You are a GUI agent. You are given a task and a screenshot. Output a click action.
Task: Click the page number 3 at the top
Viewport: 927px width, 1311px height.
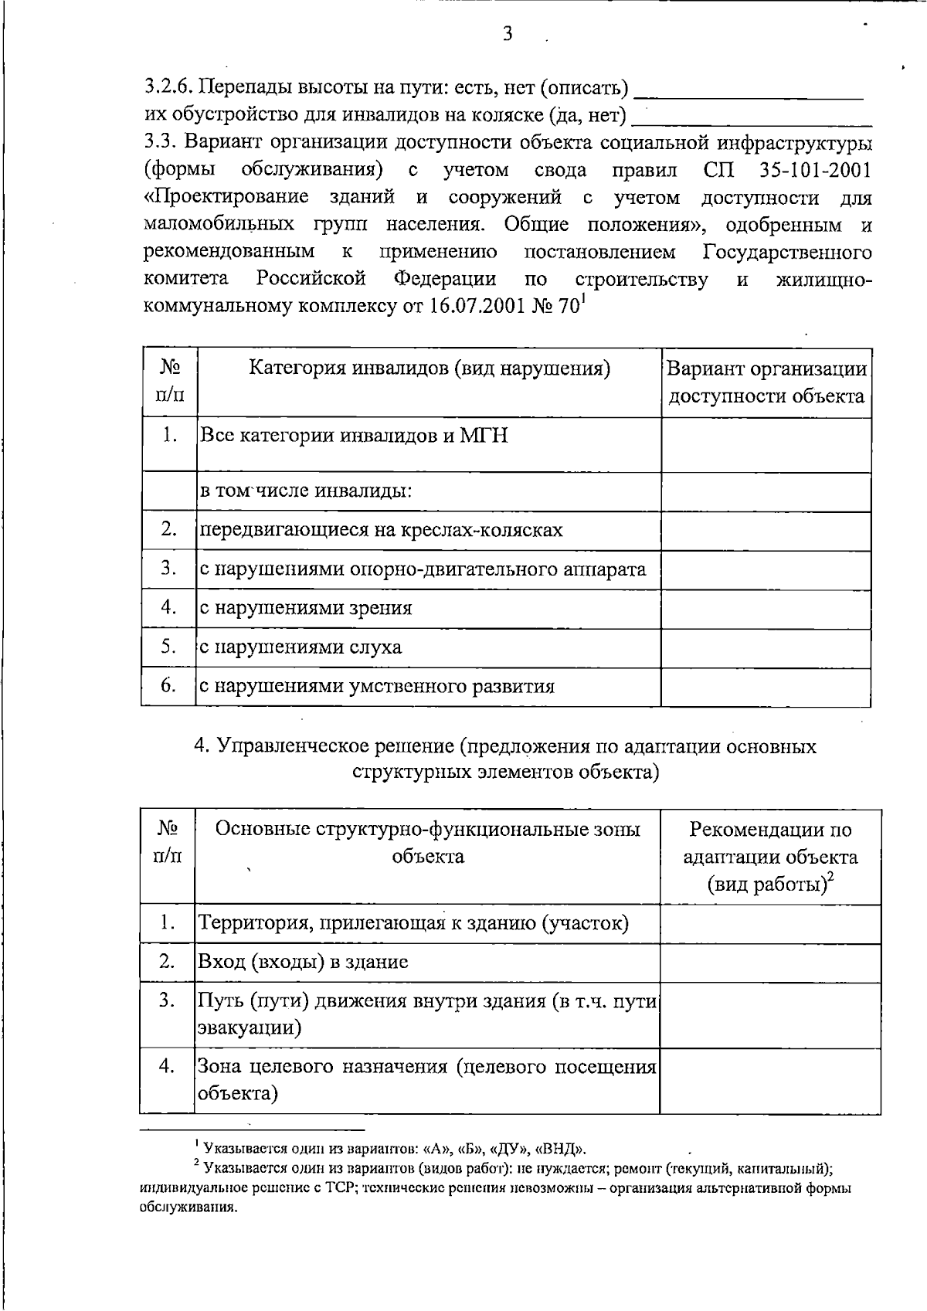(x=508, y=33)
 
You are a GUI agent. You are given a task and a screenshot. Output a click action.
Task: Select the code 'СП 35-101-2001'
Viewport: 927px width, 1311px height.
(x=787, y=170)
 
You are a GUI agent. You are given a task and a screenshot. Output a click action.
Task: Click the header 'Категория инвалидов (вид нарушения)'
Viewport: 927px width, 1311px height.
(x=429, y=369)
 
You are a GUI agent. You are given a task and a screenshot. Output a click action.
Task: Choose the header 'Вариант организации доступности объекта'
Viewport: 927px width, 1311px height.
(x=766, y=382)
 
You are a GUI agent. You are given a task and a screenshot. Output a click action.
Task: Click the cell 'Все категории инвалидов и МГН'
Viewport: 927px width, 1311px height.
(x=354, y=436)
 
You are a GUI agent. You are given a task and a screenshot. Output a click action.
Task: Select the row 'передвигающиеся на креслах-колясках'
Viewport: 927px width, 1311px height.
(x=382, y=531)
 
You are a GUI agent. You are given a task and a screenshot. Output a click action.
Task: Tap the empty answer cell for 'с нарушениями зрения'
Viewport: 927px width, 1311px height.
(x=766, y=609)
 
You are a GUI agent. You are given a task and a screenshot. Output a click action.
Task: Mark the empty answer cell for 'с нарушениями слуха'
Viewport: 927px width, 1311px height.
(x=766, y=648)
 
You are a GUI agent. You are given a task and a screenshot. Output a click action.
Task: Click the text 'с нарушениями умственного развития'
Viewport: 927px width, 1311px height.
(x=377, y=687)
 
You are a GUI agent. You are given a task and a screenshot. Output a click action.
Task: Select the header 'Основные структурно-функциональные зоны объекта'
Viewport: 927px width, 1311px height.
(x=427, y=843)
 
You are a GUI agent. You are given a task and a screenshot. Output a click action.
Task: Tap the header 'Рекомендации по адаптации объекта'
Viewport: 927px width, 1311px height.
(x=770, y=857)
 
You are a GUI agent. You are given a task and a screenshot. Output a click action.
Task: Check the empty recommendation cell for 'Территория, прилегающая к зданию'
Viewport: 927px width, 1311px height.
(x=770, y=923)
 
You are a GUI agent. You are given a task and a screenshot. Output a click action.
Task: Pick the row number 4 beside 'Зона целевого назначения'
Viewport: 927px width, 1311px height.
(x=167, y=1067)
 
